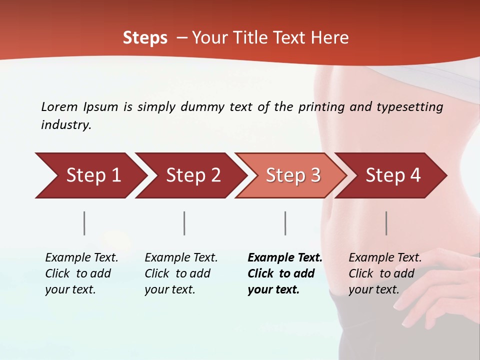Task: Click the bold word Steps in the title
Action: tap(145, 38)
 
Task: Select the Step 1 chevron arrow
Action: tap(90, 175)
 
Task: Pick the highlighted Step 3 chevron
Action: tap(291, 175)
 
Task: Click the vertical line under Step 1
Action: tap(84, 223)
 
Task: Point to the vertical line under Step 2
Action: tap(184, 223)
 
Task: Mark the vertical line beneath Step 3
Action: tap(285, 223)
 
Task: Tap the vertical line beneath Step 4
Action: tap(386, 223)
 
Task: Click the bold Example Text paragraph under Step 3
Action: tap(284, 273)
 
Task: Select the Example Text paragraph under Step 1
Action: tap(81, 273)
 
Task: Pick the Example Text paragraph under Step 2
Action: tap(181, 273)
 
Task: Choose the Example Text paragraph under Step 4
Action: tap(385, 273)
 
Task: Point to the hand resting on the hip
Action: tap(440, 280)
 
